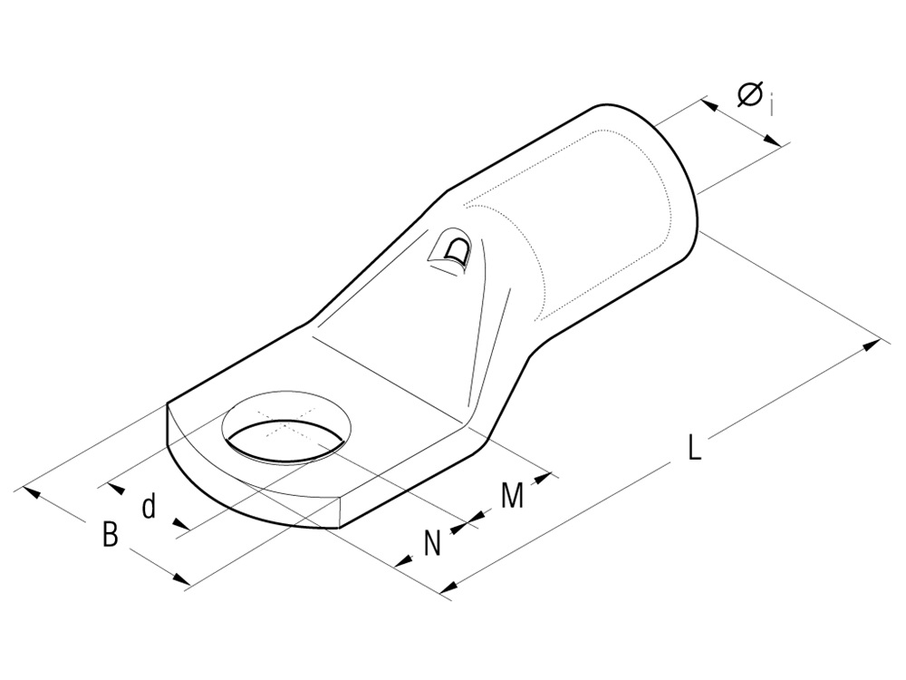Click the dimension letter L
(693, 448)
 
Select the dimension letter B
(110, 535)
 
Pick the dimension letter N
(433, 543)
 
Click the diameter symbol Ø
(749, 93)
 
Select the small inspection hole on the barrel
(453, 251)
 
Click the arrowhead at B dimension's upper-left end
(33, 492)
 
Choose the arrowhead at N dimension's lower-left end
(402, 559)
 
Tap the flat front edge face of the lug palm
(254, 508)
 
